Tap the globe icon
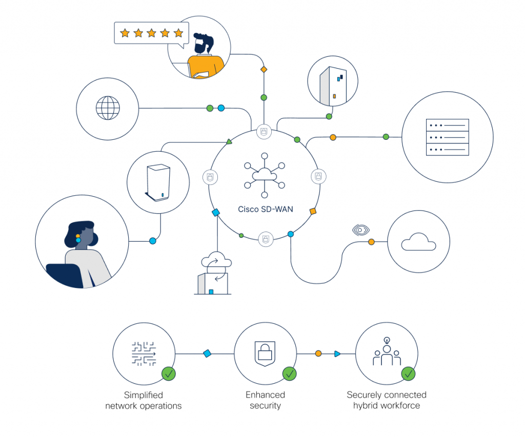[x=108, y=108]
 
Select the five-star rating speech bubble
[x=151, y=33]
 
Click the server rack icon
[x=447, y=137]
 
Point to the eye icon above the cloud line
[x=361, y=230]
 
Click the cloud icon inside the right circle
[x=418, y=242]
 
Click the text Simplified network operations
[x=144, y=400]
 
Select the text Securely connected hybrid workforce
[x=387, y=400]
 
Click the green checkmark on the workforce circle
[x=408, y=373]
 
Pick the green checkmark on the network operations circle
[x=168, y=373]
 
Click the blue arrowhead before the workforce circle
[x=337, y=353]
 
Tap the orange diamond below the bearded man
[x=264, y=69]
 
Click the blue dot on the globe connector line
[x=221, y=108]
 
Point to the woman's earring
[x=78, y=239]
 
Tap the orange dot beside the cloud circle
[x=371, y=242]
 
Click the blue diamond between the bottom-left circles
[x=207, y=353]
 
